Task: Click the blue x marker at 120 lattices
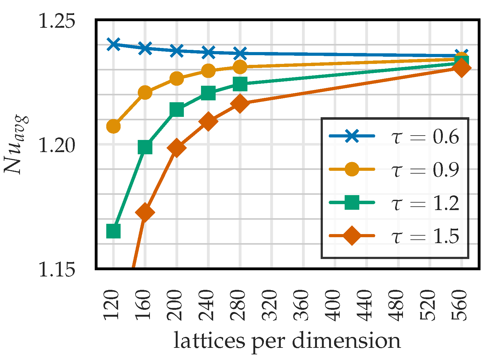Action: click(113, 44)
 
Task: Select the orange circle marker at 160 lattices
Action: click(145, 93)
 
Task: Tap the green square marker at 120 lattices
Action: click(113, 231)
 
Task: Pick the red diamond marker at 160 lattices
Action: click(145, 213)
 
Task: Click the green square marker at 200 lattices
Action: click(177, 110)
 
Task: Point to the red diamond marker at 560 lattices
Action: click(462, 68)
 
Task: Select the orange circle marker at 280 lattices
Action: click(240, 66)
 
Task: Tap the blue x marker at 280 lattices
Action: click(240, 53)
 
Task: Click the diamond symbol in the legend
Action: click(352, 236)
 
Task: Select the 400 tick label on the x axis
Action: click(335, 305)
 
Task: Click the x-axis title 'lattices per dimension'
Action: click(287, 341)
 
